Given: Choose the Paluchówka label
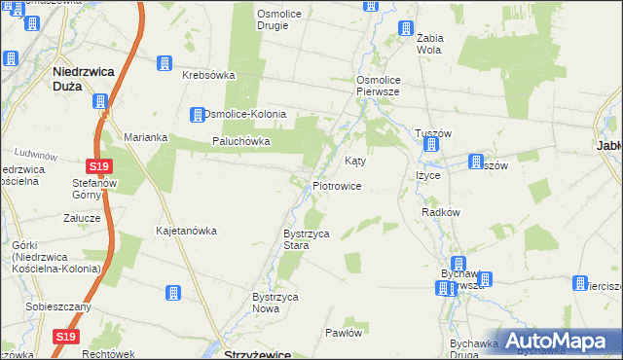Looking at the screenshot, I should pos(241,141).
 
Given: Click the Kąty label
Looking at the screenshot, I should pos(356,161).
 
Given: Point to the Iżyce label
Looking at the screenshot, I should pos(429,175).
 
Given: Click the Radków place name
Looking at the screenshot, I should pos(440,211).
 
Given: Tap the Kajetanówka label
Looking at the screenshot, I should pos(186,231).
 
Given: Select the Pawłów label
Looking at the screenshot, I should pos(344,332).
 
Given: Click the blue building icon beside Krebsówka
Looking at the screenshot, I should pos(164,63).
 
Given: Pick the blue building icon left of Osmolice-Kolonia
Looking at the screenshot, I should pos(198,114).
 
